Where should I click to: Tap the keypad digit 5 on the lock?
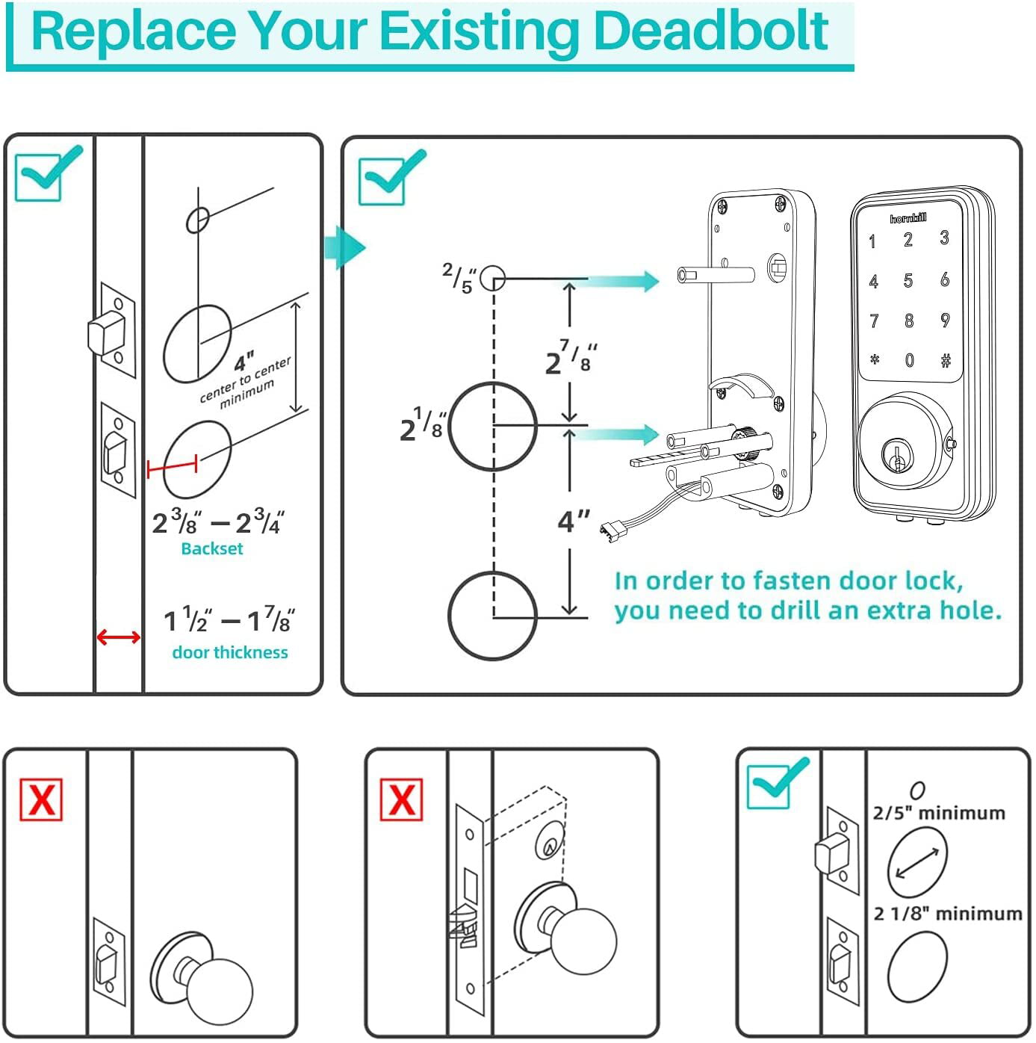[x=908, y=281]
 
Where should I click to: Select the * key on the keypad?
[x=874, y=360]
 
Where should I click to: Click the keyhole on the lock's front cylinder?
[x=894, y=455]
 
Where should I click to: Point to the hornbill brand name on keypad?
[x=908, y=218]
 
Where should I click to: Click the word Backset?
[x=212, y=548]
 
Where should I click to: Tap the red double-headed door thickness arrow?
[x=119, y=637]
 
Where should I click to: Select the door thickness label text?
[x=229, y=652]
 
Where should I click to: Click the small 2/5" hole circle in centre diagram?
[x=492, y=279]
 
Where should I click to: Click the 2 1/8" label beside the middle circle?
[x=422, y=425]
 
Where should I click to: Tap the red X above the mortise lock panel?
[x=401, y=799]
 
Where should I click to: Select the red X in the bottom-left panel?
[x=41, y=799]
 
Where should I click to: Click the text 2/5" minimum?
[x=939, y=813]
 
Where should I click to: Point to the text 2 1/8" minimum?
[x=947, y=914]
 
